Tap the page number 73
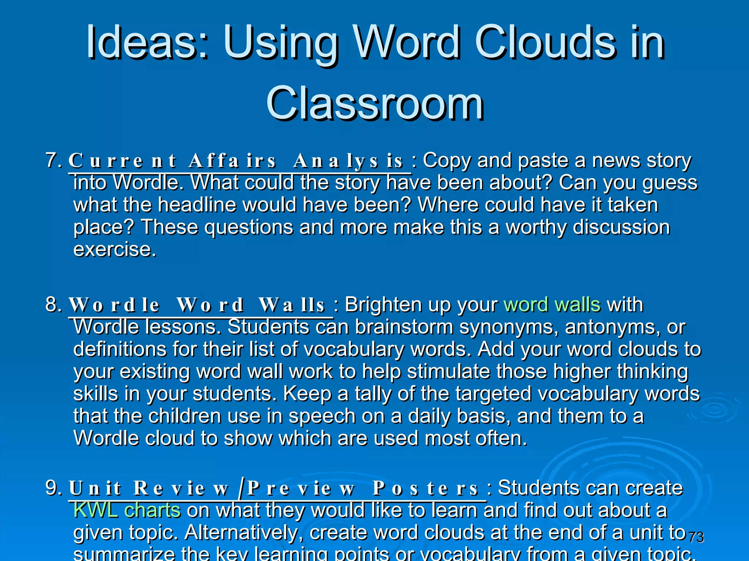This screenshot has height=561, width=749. click(696, 537)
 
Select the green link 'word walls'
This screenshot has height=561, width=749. click(552, 304)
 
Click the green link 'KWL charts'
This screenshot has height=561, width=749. click(127, 510)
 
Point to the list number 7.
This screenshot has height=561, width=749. click(53, 160)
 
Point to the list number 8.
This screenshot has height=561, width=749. click(53, 304)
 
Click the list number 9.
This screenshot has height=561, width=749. click(53, 488)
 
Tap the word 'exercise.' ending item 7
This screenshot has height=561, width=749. click(115, 249)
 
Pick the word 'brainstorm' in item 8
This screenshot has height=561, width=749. click(404, 327)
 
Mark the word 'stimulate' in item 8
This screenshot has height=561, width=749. click(448, 371)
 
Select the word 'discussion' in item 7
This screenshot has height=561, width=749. click(621, 227)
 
